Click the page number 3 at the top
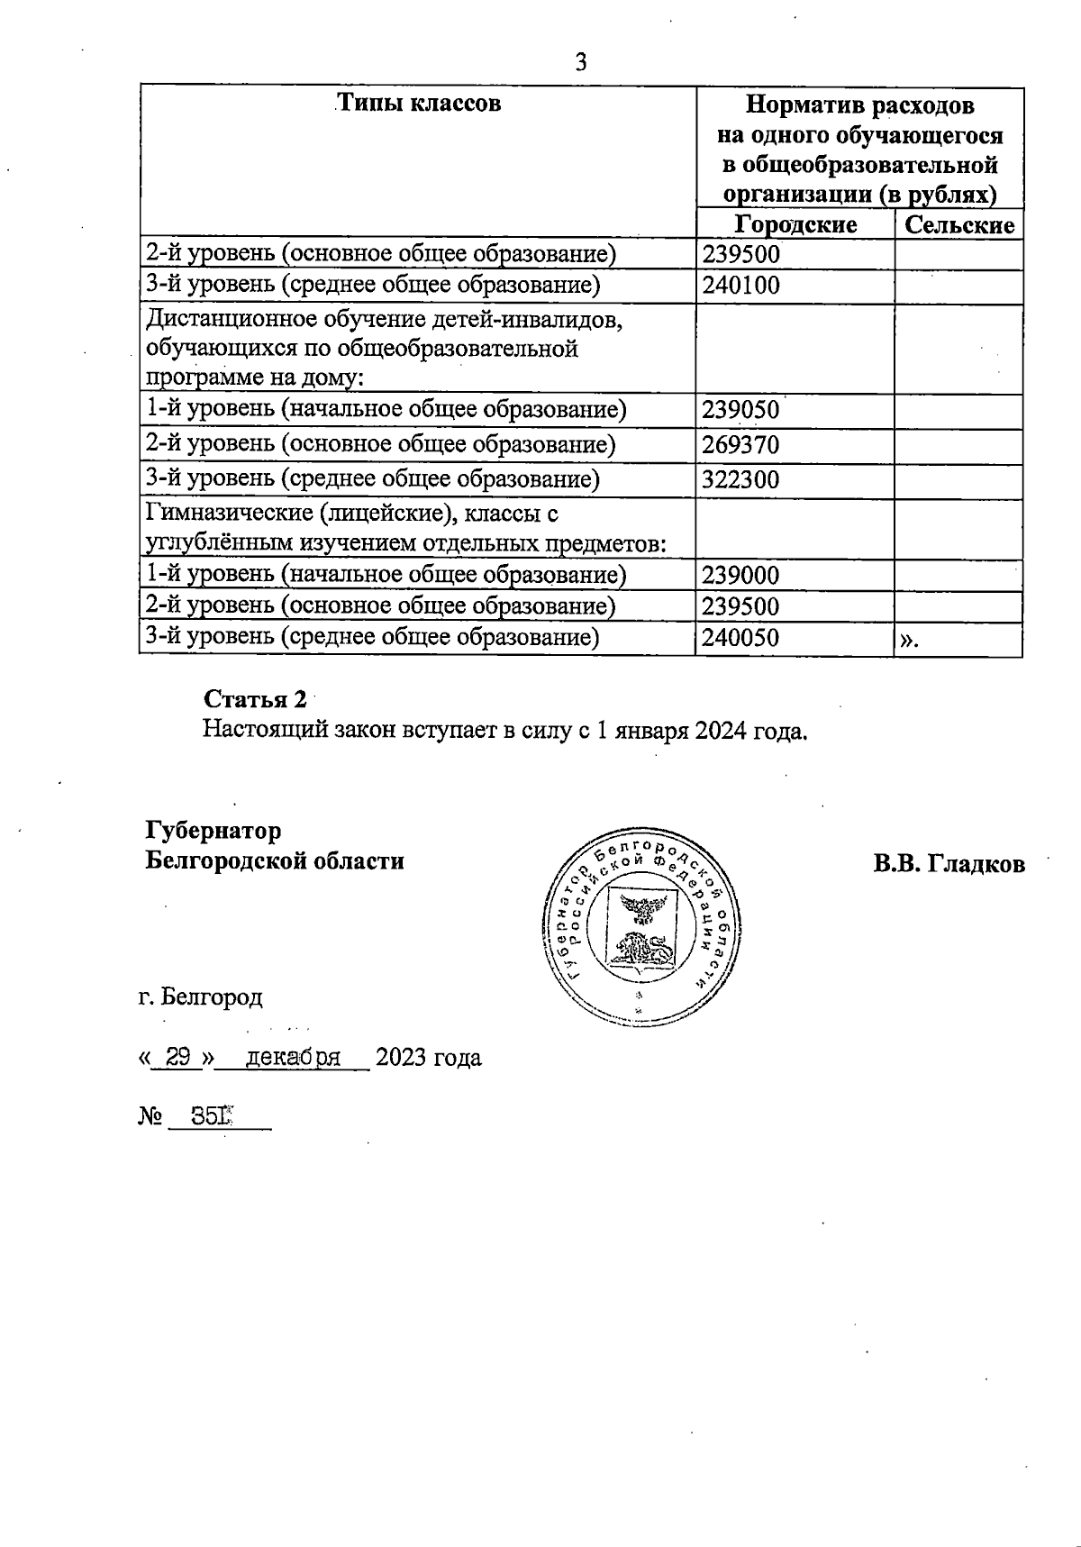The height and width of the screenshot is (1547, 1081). [580, 62]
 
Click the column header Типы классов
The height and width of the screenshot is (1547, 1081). [418, 103]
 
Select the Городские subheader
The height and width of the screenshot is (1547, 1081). [795, 223]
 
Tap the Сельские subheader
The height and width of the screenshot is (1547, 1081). [958, 224]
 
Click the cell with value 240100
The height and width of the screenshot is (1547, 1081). [741, 287]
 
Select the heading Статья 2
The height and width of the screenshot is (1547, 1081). [255, 699]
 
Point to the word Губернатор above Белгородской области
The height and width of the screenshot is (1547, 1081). [213, 829]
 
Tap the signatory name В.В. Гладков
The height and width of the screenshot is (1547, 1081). [948, 864]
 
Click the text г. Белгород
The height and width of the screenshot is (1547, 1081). [201, 996]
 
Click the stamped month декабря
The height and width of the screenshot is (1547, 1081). [293, 1057]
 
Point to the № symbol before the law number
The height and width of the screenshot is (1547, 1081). [150, 1117]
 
